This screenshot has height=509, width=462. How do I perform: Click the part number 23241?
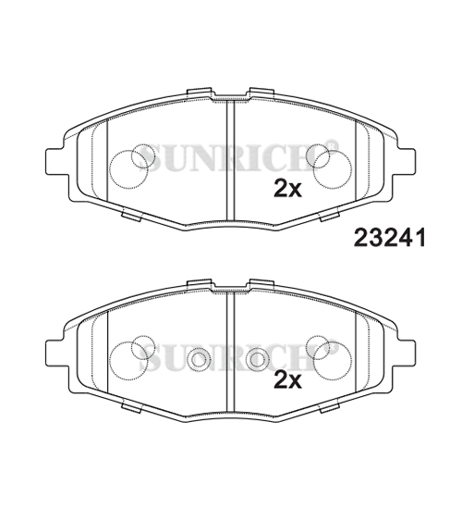coord(389,237)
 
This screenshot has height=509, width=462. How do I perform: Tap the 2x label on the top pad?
coord(287,189)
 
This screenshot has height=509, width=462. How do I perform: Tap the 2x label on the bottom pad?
coord(287,379)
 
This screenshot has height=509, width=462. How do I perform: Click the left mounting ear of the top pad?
coord(55,161)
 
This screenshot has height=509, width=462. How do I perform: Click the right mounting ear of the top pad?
coord(407,161)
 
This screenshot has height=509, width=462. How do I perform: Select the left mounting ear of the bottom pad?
coord(55,353)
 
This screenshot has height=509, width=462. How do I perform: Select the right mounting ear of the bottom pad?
coord(407,353)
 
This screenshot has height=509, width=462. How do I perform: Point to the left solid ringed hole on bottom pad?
coord(200,360)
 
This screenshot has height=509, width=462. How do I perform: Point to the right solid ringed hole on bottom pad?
coord(258,360)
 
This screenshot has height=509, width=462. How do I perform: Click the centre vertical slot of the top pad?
coord(230,160)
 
